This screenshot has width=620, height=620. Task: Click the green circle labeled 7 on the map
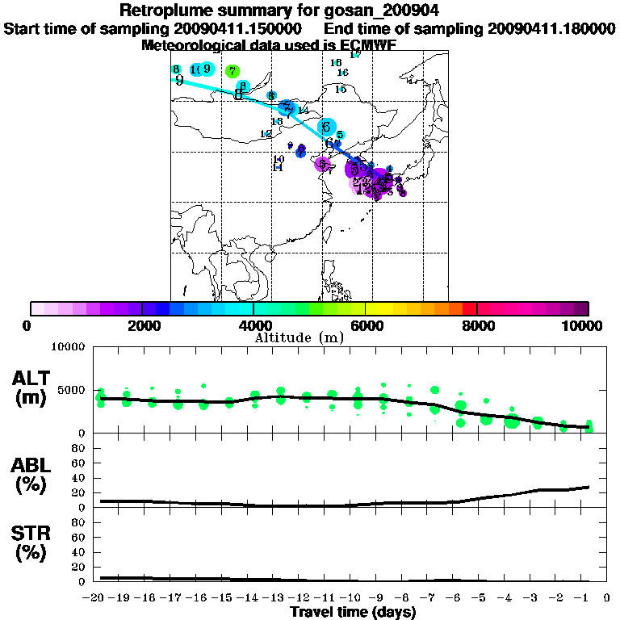coord(232,71)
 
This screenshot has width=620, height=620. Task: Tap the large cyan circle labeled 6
coord(326,127)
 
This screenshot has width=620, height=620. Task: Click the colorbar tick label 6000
coord(366,326)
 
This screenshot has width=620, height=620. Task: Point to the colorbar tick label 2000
coord(142,326)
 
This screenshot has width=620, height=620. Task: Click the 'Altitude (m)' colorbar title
coord(300,337)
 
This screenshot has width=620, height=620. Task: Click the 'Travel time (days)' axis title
coord(353,613)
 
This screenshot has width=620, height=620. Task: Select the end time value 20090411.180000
coord(552,28)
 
